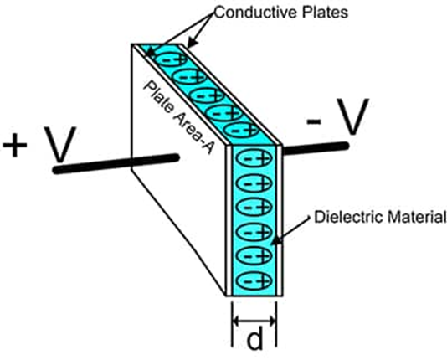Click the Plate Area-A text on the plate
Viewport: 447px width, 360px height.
pyautogui.click(x=179, y=117)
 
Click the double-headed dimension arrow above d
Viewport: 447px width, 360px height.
pyautogui.click(x=254, y=321)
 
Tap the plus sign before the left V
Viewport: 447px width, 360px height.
pyautogui.click(x=15, y=145)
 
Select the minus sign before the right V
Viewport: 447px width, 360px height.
pyautogui.click(x=314, y=121)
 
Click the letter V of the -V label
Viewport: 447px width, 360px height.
pyautogui.click(x=352, y=117)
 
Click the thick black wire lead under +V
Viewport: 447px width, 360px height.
pyautogui.click(x=116, y=163)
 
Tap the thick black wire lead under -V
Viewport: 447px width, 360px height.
pyautogui.click(x=316, y=148)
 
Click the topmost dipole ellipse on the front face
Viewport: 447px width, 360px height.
pyautogui.click(x=254, y=158)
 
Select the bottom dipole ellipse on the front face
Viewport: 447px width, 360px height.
pyautogui.click(x=254, y=281)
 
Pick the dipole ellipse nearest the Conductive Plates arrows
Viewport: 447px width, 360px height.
pyautogui.click(x=171, y=59)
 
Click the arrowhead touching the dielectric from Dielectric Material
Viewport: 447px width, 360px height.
pyautogui.click(x=276, y=241)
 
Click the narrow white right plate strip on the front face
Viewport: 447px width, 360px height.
pyautogui.click(x=280, y=221)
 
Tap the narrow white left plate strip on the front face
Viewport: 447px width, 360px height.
pyautogui.click(x=229, y=221)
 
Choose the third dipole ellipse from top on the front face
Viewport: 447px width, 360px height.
pyautogui.click(x=254, y=208)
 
